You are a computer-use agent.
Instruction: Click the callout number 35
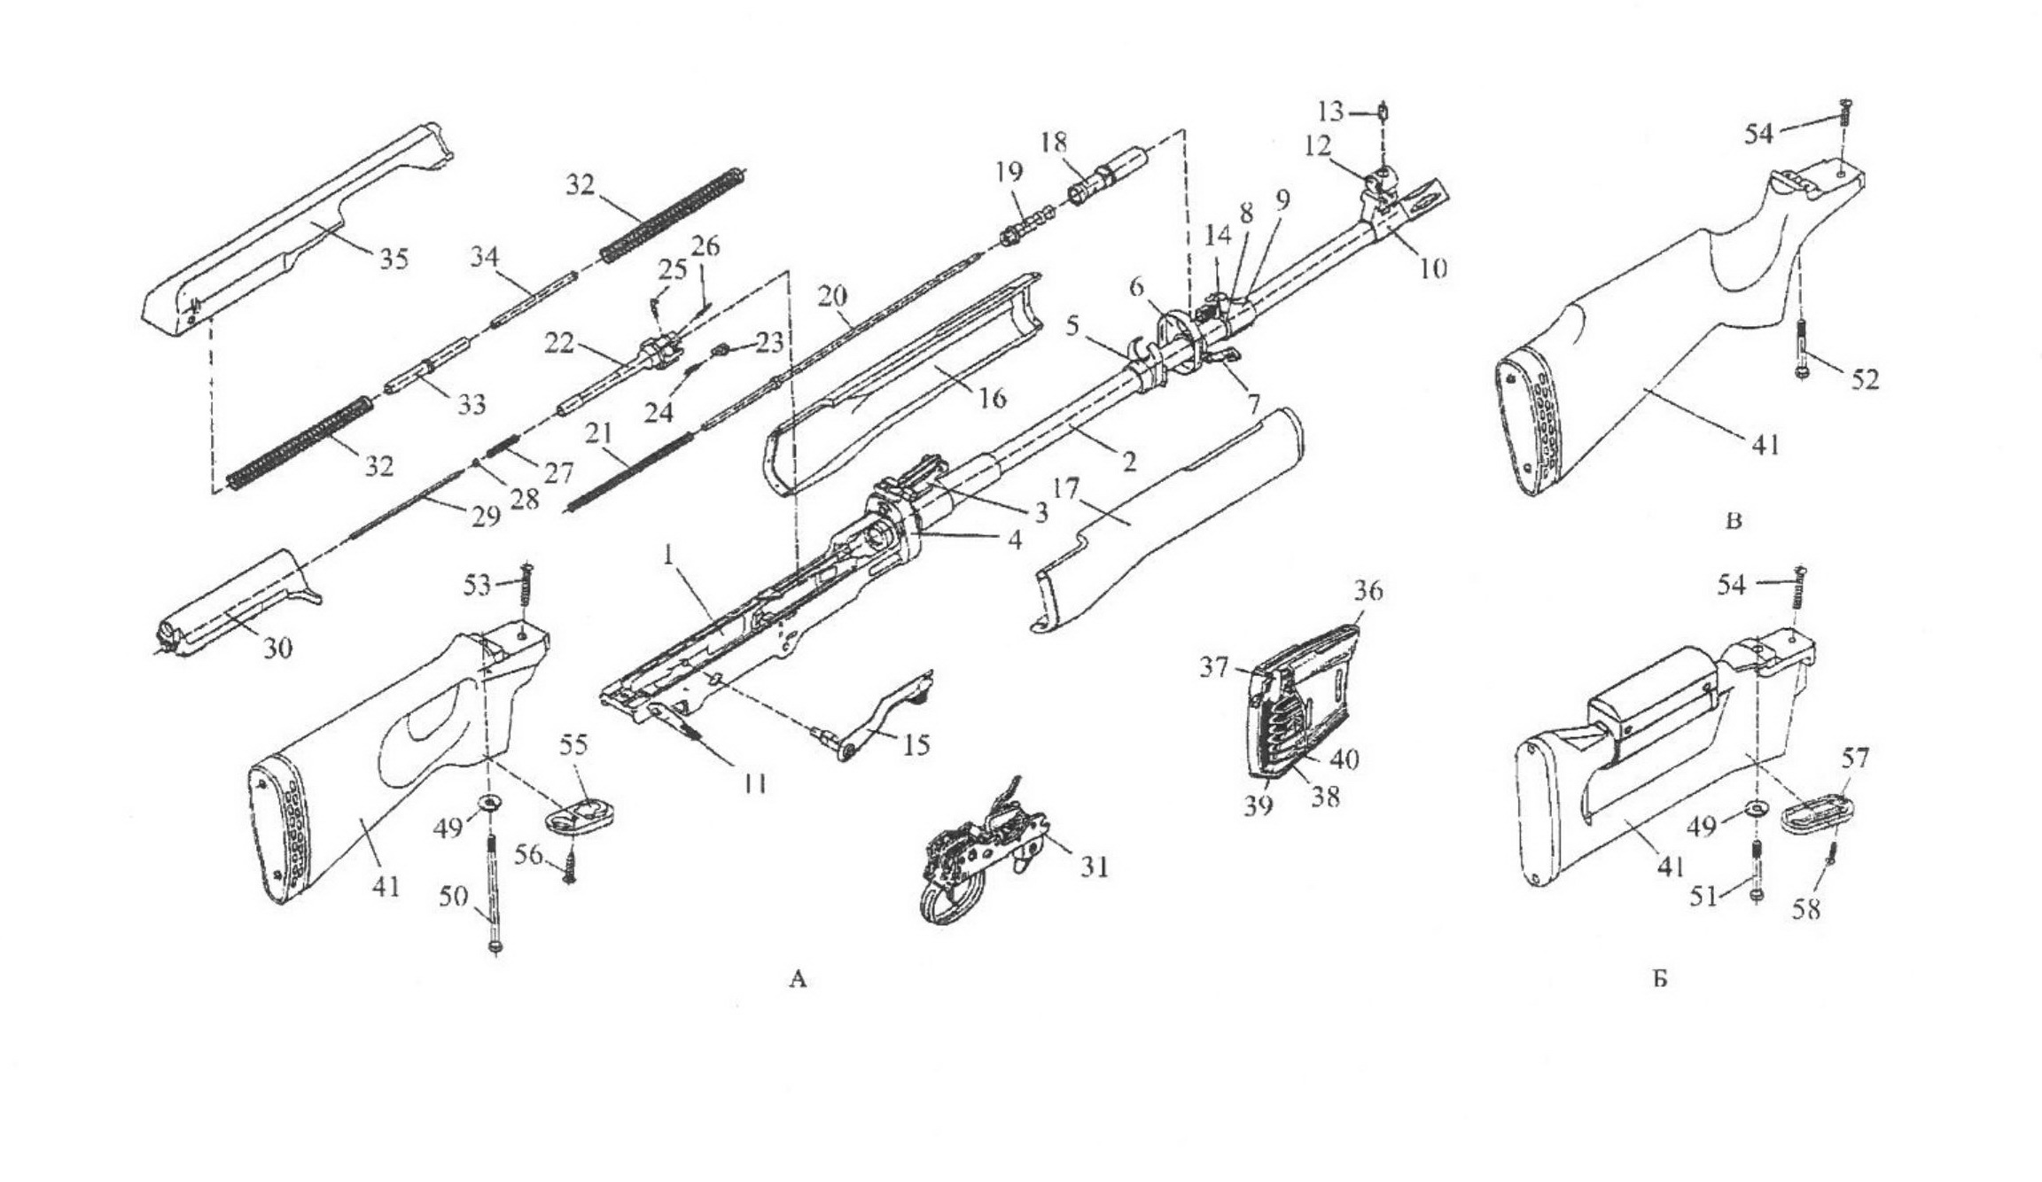click(394, 259)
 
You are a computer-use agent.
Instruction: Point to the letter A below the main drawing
click(798, 979)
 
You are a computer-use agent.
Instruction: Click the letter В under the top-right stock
click(1734, 521)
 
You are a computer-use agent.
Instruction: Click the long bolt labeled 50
click(493, 895)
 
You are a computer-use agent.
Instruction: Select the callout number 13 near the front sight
click(1331, 112)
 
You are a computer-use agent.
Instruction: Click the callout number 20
click(832, 296)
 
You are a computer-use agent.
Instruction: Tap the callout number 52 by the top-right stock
click(1865, 379)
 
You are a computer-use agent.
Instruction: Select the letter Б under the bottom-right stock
click(1661, 979)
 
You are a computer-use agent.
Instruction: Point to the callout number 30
click(277, 649)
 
